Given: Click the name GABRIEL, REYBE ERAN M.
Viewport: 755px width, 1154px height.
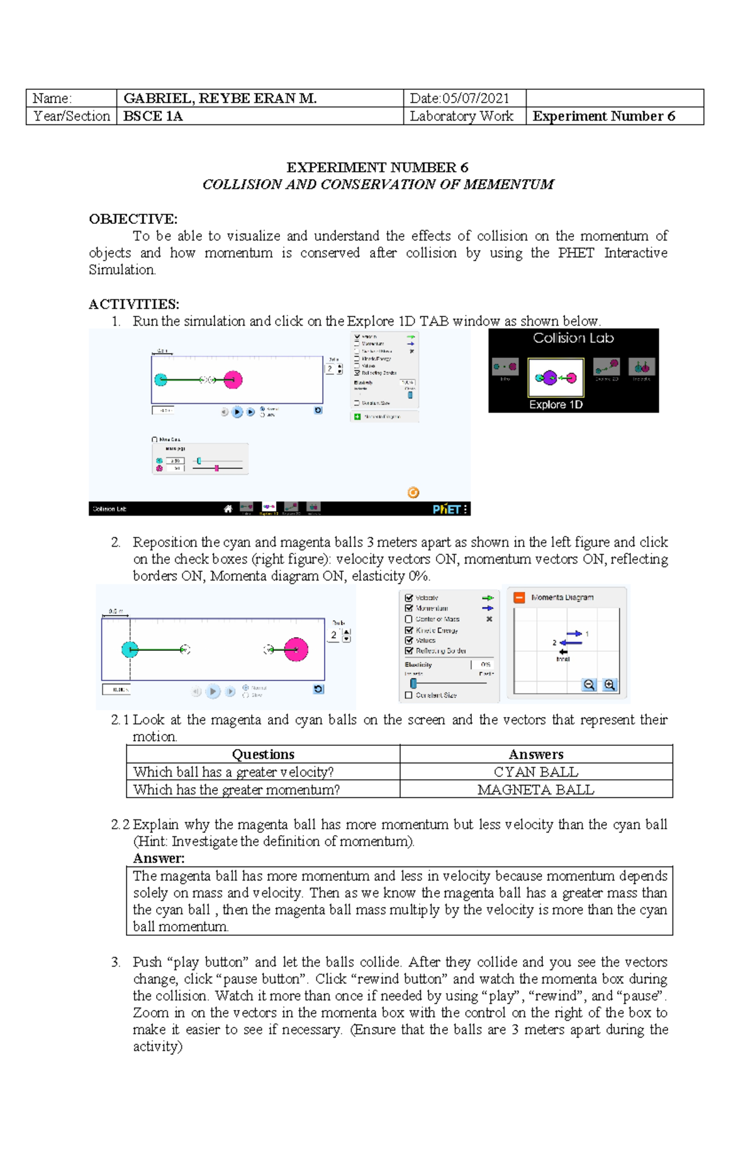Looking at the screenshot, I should pos(220,98).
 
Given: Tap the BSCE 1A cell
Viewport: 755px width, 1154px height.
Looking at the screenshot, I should pos(153,116).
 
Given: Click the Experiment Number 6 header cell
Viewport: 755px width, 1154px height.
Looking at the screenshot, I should pos(603,116).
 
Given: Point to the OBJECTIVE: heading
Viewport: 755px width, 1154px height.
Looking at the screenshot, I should pos(133,219).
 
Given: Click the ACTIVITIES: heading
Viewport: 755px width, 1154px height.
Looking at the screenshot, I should pos(134,304).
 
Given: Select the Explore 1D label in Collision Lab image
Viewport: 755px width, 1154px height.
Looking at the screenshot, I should pos(556,405).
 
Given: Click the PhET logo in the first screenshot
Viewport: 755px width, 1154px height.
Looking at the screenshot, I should pos(449,509).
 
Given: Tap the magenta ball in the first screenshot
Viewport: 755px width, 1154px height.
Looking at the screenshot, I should pos(233,379).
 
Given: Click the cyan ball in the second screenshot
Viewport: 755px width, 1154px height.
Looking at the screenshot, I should pos(130,649).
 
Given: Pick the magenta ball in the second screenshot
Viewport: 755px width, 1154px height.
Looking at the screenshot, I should pos(296,649).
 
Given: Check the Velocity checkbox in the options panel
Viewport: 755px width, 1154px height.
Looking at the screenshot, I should pos(409,598).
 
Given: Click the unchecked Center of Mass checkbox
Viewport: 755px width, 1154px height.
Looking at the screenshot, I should pos(409,619).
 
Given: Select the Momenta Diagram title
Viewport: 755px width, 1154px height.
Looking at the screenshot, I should pos(562,597).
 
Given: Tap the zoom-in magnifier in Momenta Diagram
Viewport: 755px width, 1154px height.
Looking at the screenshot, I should pos(609,685).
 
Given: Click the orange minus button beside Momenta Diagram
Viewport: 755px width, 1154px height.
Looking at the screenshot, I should pos(519,597).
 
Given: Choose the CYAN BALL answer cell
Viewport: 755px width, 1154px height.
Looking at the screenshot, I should pos(536,772).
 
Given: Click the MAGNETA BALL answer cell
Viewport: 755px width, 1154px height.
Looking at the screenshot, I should pos(536,789).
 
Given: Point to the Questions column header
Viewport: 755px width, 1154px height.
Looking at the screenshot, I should pos(263,754).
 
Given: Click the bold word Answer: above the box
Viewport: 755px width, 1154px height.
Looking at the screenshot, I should pos(159,858).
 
